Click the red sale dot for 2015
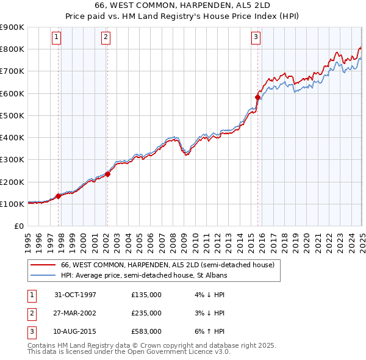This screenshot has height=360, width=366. pyautogui.click(x=257, y=97)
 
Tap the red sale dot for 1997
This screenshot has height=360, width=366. pyautogui.click(x=59, y=196)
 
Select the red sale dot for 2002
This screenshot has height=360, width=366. pyautogui.click(x=107, y=174)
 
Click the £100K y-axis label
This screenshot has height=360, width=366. pyautogui.click(x=12, y=204)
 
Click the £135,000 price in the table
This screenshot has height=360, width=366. pyautogui.click(x=146, y=295)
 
